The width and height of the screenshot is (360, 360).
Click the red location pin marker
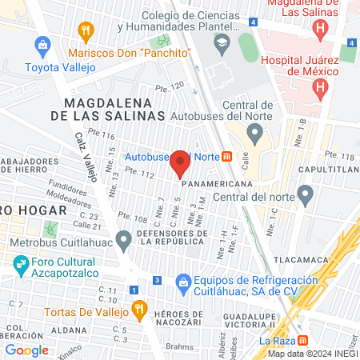[x=181, y=163]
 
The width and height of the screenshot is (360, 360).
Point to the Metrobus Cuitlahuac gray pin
[x=123, y=239]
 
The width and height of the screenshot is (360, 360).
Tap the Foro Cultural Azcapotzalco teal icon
[x=20, y=262]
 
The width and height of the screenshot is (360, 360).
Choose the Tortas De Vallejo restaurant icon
[x=138, y=309]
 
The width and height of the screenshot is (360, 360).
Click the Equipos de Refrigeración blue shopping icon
[x=183, y=282]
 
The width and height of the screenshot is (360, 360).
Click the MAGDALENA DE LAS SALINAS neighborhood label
[x=114, y=110]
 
